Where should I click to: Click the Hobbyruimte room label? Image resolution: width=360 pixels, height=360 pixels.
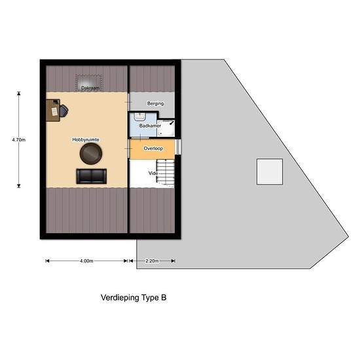[86, 139]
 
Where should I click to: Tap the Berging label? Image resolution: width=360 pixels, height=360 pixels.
[155, 103]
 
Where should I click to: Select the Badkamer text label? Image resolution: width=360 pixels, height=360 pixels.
[150, 126]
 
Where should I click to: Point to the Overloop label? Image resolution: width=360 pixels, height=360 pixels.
[153, 149]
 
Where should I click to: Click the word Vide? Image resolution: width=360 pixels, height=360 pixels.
[153, 173]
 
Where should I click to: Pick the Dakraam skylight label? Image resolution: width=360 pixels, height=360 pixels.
[90, 88]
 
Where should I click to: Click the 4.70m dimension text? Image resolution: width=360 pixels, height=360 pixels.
[19, 139]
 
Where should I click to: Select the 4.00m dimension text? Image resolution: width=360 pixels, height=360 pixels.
[86, 261]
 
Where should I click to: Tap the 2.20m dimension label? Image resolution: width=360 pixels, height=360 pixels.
[152, 261]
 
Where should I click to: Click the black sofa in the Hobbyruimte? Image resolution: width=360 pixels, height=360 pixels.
[92, 176]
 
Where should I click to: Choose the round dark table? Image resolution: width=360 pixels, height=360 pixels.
[91, 154]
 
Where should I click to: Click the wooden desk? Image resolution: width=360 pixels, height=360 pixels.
[53, 110]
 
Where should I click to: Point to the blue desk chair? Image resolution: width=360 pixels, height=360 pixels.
[64, 110]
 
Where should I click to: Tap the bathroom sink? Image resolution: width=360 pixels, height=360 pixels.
[139, 117]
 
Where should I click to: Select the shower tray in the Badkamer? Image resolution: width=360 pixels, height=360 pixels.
[166, 128]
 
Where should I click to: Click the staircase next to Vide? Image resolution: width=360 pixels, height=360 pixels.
[166, 173]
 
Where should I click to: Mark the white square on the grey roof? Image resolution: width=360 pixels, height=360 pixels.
[270, 171]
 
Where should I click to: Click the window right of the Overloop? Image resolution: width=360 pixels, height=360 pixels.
[178, 147]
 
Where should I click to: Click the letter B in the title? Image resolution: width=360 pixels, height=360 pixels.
[164, 298]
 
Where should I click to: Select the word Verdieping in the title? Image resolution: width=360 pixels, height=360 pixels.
[120, 298]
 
